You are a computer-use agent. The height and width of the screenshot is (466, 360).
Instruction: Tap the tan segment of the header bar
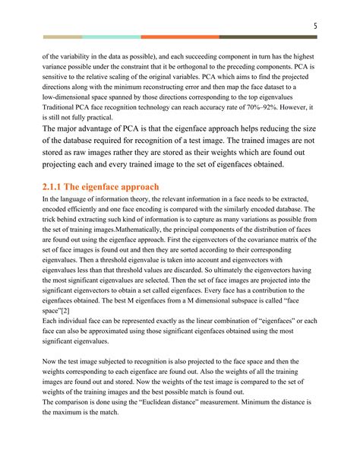click(62, 36)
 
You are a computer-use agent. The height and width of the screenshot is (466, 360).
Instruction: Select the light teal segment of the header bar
click(111, 36)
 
